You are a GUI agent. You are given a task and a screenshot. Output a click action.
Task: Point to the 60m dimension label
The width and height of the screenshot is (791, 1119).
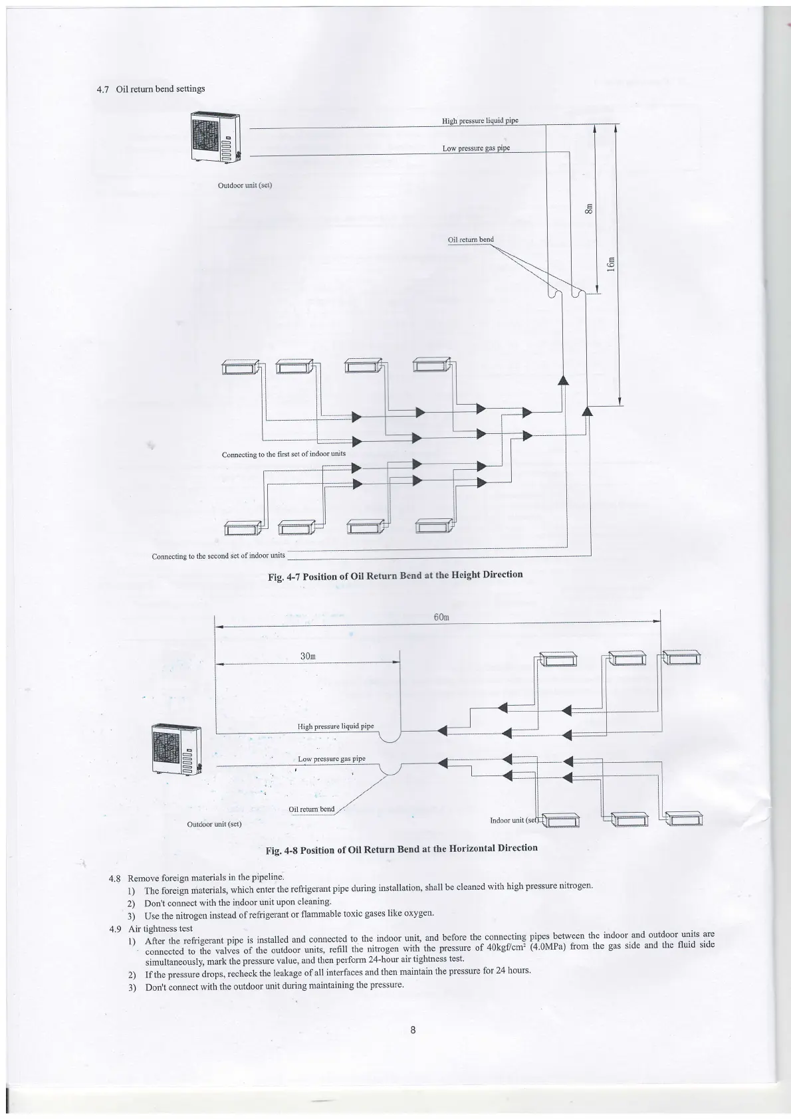pos(442,617)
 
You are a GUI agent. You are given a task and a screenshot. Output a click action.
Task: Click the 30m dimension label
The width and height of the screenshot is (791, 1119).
pos(308,656)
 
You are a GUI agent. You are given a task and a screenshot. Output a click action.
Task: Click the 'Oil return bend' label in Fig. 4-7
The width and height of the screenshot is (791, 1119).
pos(471,240)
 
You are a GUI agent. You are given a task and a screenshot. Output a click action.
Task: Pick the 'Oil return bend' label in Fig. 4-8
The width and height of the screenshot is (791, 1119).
pos(312,809)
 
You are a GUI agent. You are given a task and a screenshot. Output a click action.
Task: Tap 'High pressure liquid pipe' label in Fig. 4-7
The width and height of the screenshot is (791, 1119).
pos(480,121)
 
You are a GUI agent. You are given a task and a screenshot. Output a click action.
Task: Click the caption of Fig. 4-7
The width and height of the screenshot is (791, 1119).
pos(395,575)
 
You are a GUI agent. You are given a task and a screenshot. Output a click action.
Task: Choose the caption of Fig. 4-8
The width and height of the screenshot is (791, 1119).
pos(401,849)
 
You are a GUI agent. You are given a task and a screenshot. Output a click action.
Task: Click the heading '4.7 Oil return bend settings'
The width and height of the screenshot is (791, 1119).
pos(151,88)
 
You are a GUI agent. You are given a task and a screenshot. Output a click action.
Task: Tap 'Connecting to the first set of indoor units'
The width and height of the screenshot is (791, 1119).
pos(283,454)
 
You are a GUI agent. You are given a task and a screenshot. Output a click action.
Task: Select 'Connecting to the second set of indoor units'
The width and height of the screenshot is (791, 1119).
pos(218,556)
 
